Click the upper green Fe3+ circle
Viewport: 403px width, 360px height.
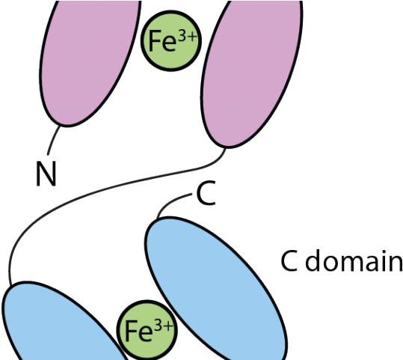point(170,40)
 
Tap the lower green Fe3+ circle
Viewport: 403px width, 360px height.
point(147,329)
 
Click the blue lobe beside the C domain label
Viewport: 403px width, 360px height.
point(216,288)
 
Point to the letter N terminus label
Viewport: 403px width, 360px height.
point(46,173)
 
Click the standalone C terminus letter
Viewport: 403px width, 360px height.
point(206,193)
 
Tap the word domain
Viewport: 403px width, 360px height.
point(354,260)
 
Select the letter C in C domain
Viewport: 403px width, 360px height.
point(289,260)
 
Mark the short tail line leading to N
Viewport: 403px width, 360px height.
point(52,140)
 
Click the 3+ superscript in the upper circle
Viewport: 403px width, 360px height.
point(188,38)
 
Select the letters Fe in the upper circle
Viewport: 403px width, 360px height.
point(163,41)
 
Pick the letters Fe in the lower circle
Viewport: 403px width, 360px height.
point(138,331)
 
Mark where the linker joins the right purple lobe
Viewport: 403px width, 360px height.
point(226,148)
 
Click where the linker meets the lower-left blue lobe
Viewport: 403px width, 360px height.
point(10,286)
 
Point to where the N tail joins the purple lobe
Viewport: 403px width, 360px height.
point(60,126)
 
